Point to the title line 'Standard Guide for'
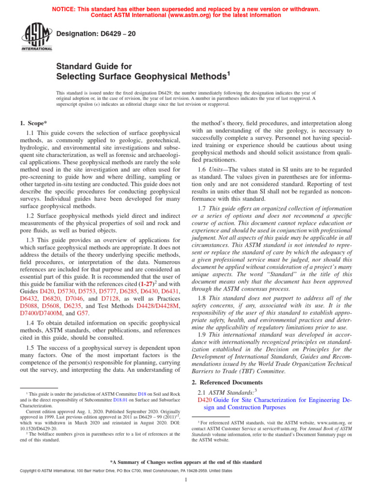click(x=94, y=66)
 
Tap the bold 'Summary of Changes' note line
click(x=186, y=462)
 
